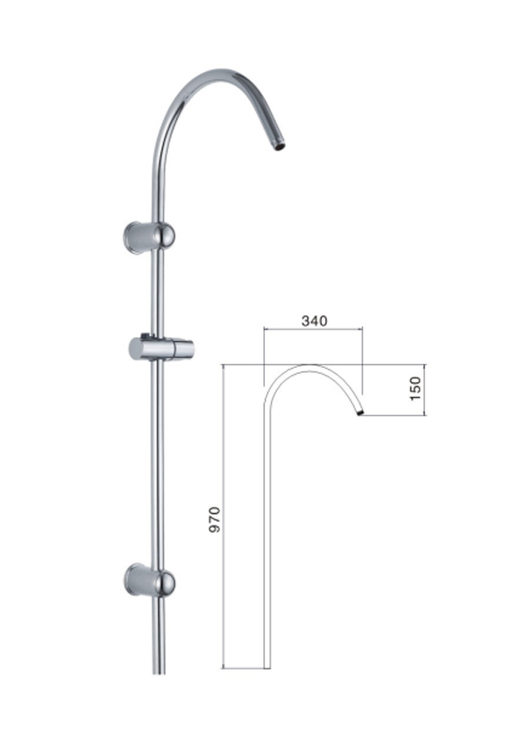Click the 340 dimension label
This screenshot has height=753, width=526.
pyautogui.click(x=314, y=320)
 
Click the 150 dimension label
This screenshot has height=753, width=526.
pyautogui.click(x=415, y=389)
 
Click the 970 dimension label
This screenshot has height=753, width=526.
pyautogui.click(x=215, y=519)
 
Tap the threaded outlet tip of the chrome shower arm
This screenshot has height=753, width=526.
pyautogui.click(x=280, y=145)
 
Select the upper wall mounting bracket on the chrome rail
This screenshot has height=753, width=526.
pyautogui.click(x=149, y=236)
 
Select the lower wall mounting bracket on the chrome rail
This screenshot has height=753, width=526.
pyautogui.click(x=149, y=581)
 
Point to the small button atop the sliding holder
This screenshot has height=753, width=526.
pyautogui.click(x=145, y=334)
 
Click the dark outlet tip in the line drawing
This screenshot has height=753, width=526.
pyautogui.click(x=360, y=412)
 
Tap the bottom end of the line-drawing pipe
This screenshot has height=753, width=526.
pyautogui.click(x=267, y=667)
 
